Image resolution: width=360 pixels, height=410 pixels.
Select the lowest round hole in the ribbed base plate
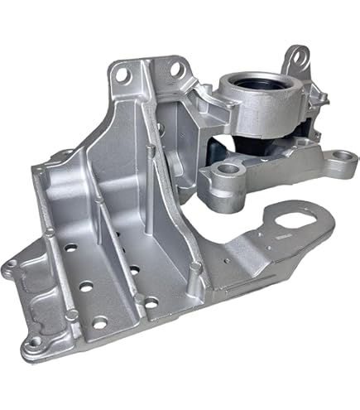99,323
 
